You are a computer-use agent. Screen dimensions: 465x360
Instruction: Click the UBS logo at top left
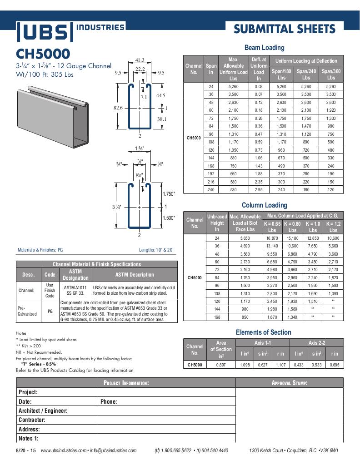pos(45,32)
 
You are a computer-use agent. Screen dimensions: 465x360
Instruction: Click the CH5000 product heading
pos(43,54)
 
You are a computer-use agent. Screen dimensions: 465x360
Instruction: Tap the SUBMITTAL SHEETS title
pos(285,30)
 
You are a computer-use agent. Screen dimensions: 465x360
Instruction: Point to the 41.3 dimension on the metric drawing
pos(140,60)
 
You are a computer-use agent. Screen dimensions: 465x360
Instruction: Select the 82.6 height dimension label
pos(118,108)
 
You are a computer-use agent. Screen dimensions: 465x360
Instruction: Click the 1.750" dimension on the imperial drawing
pos(169,194)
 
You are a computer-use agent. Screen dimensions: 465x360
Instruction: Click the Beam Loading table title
pos(264,47)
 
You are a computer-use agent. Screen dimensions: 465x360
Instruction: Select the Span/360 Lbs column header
pos(331,74)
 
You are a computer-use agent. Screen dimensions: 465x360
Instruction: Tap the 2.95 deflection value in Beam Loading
pos(259,190)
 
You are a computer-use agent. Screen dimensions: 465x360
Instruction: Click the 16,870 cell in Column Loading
pos(272,238)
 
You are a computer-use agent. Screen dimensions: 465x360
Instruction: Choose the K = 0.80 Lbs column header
pos(292,227)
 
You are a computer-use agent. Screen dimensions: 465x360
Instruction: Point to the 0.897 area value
pos(220,365)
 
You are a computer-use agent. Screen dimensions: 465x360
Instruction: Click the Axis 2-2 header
pos(316,343)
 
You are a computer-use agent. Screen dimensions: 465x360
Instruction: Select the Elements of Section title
pos(263,332)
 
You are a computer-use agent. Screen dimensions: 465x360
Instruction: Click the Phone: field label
pos(109,401)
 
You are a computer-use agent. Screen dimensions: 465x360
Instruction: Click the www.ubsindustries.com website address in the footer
pos(63,450)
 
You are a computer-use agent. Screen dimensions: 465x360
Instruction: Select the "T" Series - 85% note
pos(39,364)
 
